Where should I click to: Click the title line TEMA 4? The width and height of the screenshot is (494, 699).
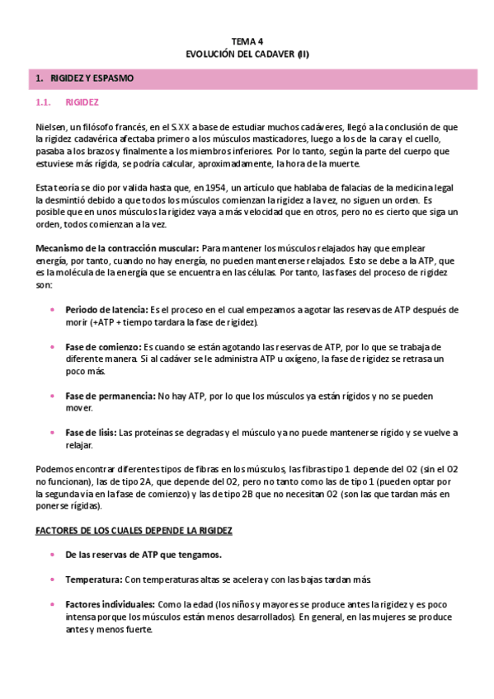coord(247,41)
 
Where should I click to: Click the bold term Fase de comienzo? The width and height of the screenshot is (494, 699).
coord(102,347)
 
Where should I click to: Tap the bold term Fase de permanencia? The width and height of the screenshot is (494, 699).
coord(110,396)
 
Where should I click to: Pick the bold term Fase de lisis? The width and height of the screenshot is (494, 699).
coord(91,433)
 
